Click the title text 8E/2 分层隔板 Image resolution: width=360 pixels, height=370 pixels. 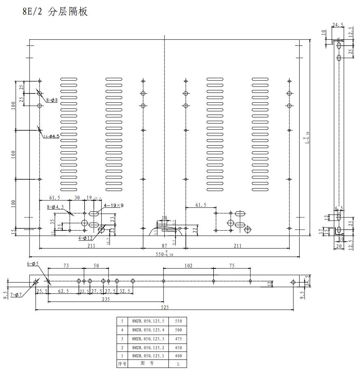[55, 12]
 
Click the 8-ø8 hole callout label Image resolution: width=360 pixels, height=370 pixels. [52, 100]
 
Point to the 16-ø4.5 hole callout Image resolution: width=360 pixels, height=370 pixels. [51, 136]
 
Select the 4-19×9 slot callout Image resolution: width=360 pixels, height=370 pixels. [114, 206]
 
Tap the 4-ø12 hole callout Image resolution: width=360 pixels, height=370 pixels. [85, 238]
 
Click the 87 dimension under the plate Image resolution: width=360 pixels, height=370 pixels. [164, 246]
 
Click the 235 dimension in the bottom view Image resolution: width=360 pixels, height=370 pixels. [106, 300]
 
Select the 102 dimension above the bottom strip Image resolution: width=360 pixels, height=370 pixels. [188, 266]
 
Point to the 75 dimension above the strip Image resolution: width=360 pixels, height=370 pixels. [232, 266]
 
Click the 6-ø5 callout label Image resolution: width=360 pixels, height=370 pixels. [33, 264]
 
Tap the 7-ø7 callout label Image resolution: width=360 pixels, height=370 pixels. [16, 295]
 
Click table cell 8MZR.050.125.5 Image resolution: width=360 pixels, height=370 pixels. [148, 321]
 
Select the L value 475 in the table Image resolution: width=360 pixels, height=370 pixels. [178, 339]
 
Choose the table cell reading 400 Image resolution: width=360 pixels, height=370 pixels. [178, 356]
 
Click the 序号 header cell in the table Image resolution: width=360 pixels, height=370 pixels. [122, 364]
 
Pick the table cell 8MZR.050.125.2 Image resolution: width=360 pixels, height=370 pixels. [148, 348]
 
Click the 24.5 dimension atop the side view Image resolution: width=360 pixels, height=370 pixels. [337, 25]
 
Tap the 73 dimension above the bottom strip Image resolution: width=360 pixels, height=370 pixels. [65, 266]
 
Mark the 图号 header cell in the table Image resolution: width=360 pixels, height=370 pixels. [148, 364]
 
